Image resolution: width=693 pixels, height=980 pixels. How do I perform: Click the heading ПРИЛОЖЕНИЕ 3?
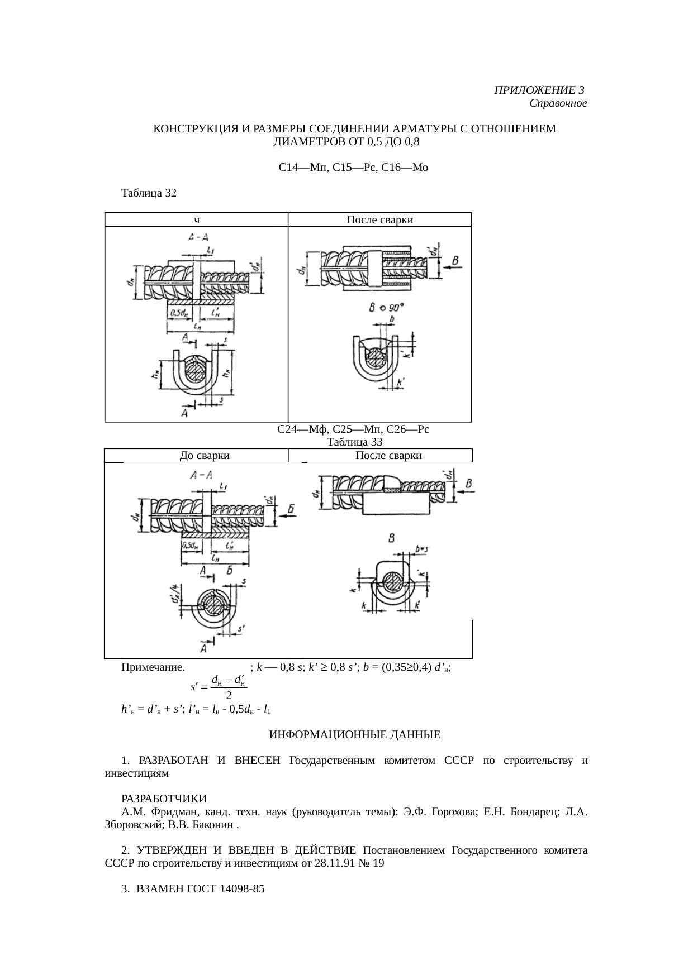539,90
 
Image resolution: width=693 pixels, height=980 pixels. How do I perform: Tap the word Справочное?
558,103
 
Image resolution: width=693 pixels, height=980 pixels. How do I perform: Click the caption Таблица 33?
354,442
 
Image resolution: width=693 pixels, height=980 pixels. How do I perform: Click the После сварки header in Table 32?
379,220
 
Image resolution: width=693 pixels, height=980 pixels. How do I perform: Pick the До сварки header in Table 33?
205,456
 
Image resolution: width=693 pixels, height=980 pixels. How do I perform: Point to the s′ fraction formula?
219,687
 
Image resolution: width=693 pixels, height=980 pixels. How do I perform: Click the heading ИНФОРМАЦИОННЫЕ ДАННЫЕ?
354,734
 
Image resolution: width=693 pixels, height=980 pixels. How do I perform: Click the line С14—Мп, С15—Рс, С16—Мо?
353,167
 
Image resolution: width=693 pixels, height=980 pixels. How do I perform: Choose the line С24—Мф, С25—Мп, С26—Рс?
353,429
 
